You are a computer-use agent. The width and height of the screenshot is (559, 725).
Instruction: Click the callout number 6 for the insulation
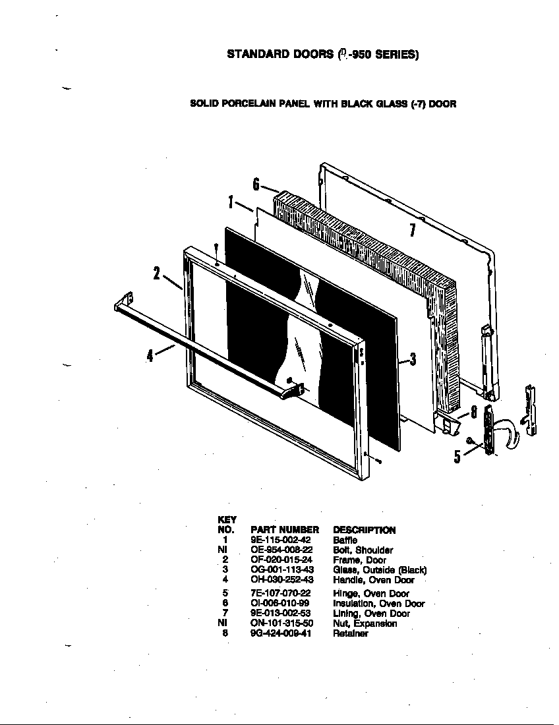pos(256,184)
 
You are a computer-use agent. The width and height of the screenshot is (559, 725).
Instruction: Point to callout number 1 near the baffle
pos(231,202)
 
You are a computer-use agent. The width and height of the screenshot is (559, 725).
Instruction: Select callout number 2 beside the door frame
pos(157,272)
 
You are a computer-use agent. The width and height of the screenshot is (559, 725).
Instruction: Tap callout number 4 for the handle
pos(150,355)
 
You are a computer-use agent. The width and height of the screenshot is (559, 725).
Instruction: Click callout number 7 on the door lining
pos(412,230)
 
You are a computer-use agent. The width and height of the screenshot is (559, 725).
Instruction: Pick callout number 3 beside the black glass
pos(413,359)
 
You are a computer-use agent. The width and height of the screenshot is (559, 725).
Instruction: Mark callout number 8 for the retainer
pos(473,413)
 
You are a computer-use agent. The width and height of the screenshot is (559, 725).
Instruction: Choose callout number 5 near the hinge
pos(457,455)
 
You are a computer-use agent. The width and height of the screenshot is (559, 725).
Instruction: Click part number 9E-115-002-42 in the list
pos(280,540)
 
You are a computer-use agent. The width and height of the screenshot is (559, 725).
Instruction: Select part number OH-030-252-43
pos(281,580)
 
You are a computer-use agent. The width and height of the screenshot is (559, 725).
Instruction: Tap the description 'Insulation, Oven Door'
pos(379,603)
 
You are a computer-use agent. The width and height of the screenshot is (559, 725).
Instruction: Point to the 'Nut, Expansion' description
pos(365,623)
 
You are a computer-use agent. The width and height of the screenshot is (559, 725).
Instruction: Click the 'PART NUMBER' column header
pos(285,530)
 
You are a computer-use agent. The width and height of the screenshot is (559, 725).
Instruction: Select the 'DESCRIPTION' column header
pos(365,530)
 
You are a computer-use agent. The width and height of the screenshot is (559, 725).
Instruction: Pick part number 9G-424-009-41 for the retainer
pos(281,633)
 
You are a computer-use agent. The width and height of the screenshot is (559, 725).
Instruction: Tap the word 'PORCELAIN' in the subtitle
pos(247,103)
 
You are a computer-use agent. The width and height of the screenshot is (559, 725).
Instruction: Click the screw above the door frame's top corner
pos(216,248)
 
